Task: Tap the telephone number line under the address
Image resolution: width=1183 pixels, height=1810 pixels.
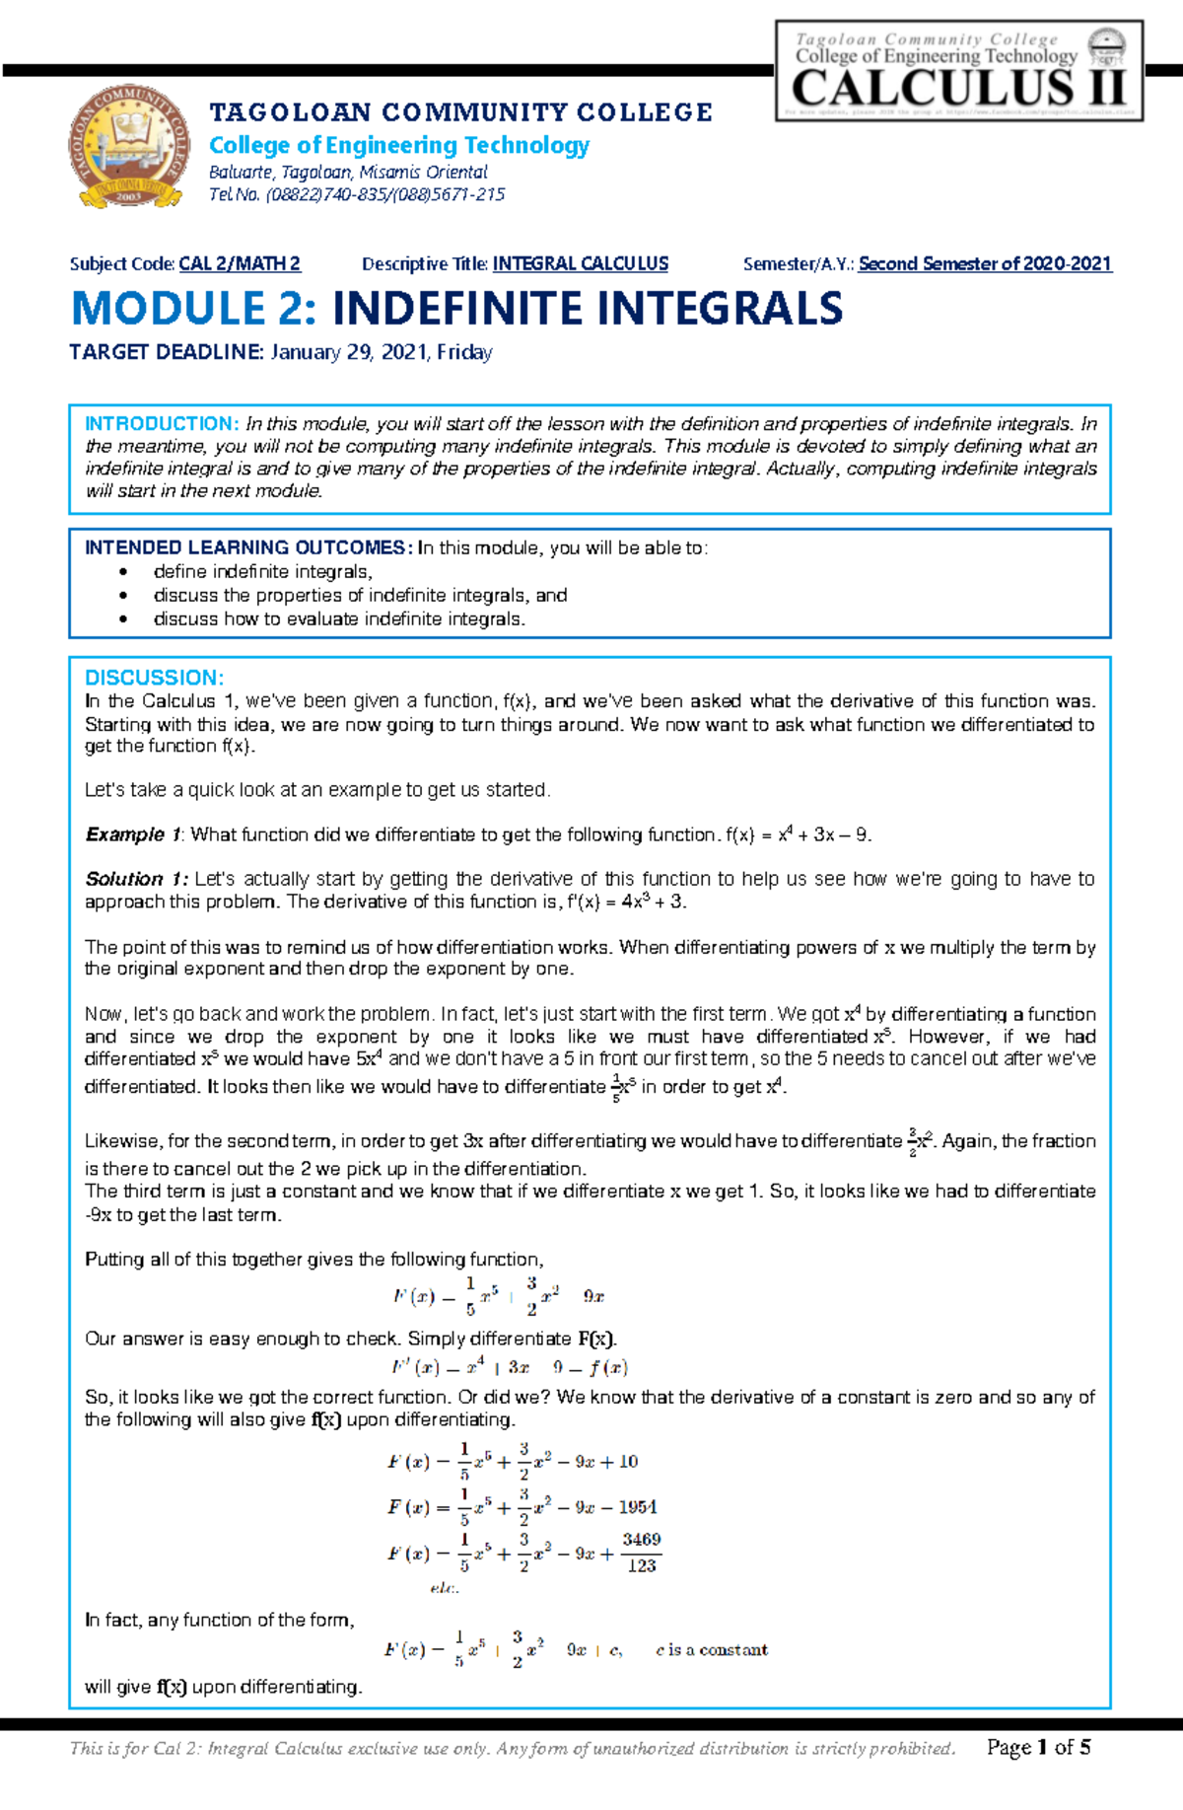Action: click(357, 194)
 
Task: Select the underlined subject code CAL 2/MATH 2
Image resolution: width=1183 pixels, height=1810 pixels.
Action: click(240, 264)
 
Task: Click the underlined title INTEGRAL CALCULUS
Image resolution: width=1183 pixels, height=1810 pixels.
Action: click(580, 264)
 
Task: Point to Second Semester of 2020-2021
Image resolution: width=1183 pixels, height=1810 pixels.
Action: click(984, 264)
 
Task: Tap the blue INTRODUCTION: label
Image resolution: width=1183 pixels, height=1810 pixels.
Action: click(161, 424)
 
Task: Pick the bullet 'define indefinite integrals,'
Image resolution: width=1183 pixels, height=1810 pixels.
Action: click(262, 572)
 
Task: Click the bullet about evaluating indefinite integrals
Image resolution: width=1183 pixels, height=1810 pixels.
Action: click(339, 619)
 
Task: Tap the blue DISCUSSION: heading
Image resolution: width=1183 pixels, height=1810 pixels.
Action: click(154, 678)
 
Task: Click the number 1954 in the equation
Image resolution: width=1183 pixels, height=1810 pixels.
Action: click(638, 1507)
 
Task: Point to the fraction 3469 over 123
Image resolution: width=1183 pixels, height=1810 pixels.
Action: click(641, 1553)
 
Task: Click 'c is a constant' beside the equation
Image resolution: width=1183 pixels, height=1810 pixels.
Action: click(711, 1650)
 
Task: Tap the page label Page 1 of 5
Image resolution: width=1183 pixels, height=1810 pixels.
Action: click(1038, 1748)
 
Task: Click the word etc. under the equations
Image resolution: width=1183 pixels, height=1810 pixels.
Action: click(444, 1588)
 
